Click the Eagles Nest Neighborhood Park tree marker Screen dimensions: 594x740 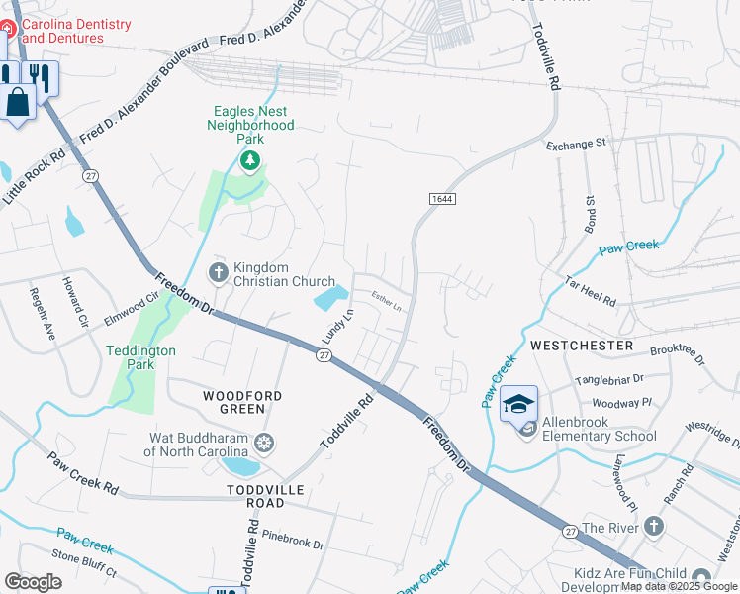tap(250, 160)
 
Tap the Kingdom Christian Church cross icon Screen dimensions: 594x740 tap(218, 271)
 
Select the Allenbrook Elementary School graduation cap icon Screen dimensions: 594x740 tap(518, 404)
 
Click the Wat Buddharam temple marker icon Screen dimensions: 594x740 tap(264, 442)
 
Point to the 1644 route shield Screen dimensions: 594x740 tap(442, 199)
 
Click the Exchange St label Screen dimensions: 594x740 tap(576, 145)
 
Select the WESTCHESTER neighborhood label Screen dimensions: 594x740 tap(582, 346)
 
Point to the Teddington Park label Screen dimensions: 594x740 tap(141, 357)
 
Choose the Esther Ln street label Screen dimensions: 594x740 tap(387, 300)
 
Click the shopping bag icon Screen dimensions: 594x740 tap(18, 101)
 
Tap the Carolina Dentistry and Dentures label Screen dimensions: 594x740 tap(62, 31)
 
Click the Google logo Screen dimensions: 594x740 tap(33, 582)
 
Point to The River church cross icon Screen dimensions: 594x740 tap(654, 528)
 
